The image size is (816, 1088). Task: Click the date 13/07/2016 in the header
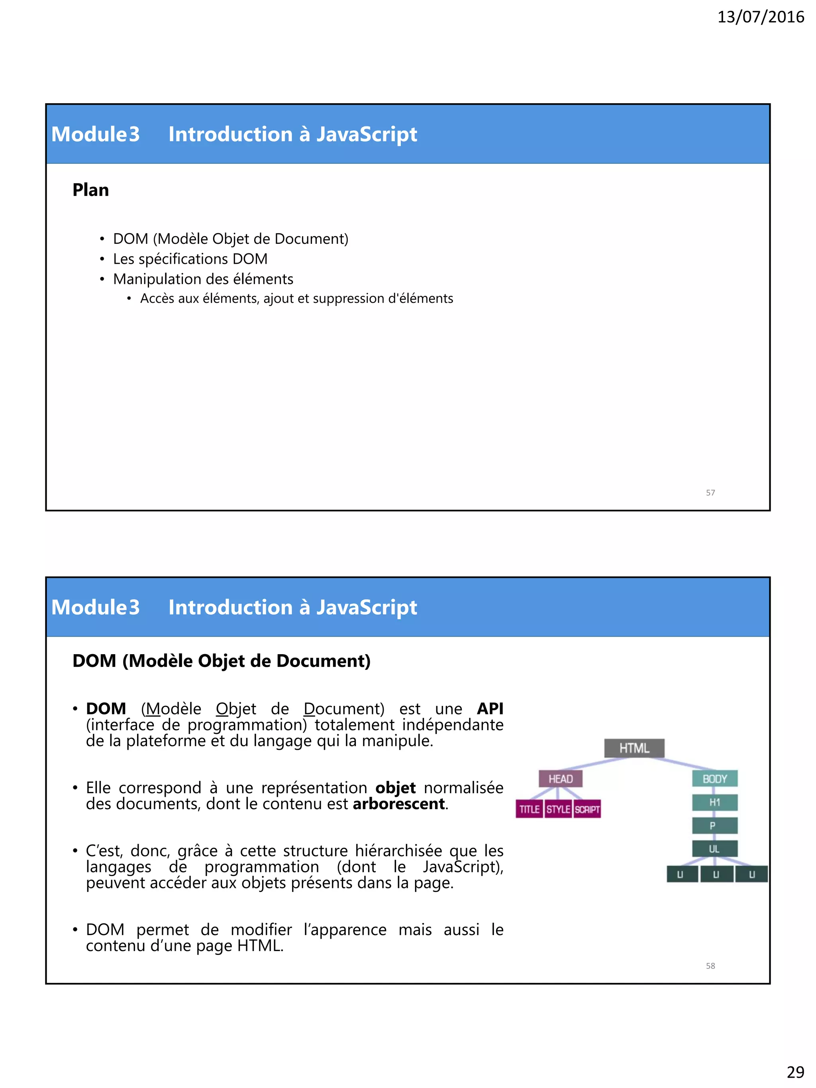click(x=761, y=17)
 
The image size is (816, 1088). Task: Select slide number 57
click(x=710, y=492)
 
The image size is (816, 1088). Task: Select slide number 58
click(x=710, y=966)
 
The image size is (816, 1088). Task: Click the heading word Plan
click(x=90, y=190)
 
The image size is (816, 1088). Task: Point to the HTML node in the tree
click(x=634, y=748)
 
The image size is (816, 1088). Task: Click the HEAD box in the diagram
click(x=560, y=778)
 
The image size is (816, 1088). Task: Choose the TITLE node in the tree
click(x=529, y=809)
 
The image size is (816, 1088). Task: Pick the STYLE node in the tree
click(x=558, y=809)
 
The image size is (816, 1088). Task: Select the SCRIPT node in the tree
click(x=587, y=809)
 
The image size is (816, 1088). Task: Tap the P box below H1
click(x=714, y=825)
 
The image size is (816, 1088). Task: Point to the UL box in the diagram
click(x=714, y=849)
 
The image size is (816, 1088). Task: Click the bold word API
click(x=490, y=708)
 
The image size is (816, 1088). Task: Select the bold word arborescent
click(x=399, y=804)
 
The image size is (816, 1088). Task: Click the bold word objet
click(x=396, y=788)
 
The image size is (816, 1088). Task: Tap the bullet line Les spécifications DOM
click(x=190, y=259)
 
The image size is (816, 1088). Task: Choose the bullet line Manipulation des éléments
click(x=203, y=279)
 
